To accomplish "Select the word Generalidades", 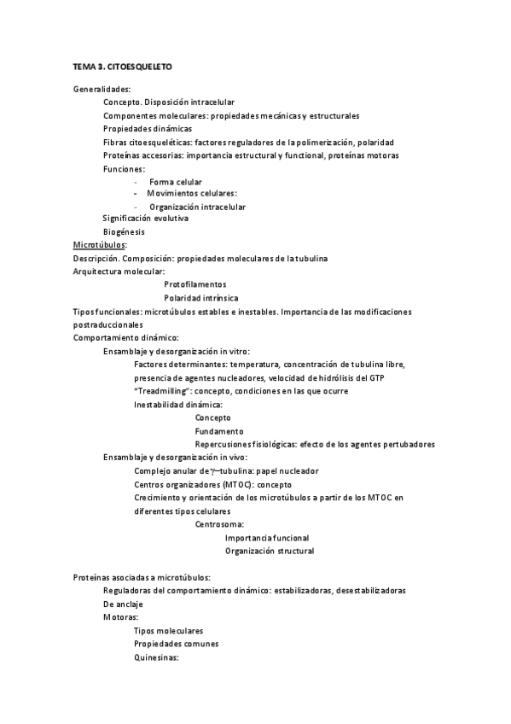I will coord(101,89).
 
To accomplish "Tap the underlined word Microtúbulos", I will coord(99,245).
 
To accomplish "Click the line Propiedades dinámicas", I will coord(142,129).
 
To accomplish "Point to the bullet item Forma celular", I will coord(176,183).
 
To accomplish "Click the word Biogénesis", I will coord(124,232).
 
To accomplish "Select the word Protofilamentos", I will coord(195,284).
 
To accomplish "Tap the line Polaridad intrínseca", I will coord(201,298).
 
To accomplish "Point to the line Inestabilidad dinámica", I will coord(178,405).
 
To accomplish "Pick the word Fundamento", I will coord(219,431).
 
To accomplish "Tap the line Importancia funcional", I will coord(267,538).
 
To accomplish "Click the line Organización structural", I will coord(270,552).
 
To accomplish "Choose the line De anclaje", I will coord(123,604).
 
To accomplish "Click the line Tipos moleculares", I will coord(169,631).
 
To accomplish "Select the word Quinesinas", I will coord(155,657).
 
